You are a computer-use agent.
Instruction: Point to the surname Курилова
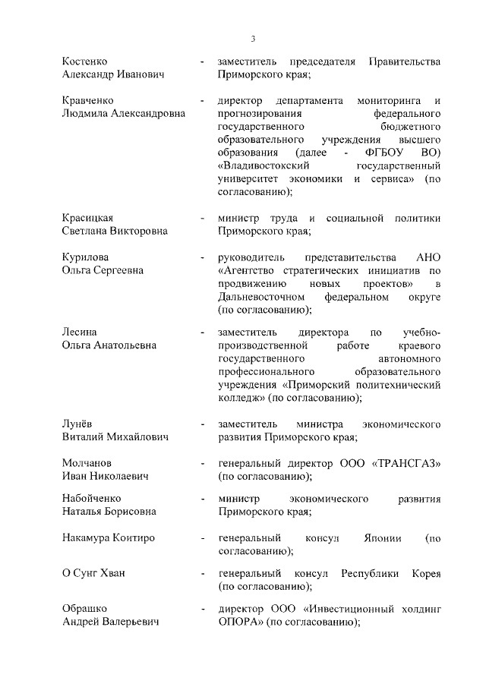pos(84,257)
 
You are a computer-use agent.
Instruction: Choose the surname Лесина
pos(79,332)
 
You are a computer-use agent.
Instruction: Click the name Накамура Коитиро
pos(108,538)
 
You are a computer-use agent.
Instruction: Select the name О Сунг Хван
pos(93,572)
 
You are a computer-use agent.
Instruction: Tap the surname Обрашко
pos(84,609)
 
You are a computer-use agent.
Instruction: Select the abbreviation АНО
pos(428,257)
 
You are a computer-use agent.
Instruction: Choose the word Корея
pos(425,572)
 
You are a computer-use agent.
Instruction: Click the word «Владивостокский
pos(265,165)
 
